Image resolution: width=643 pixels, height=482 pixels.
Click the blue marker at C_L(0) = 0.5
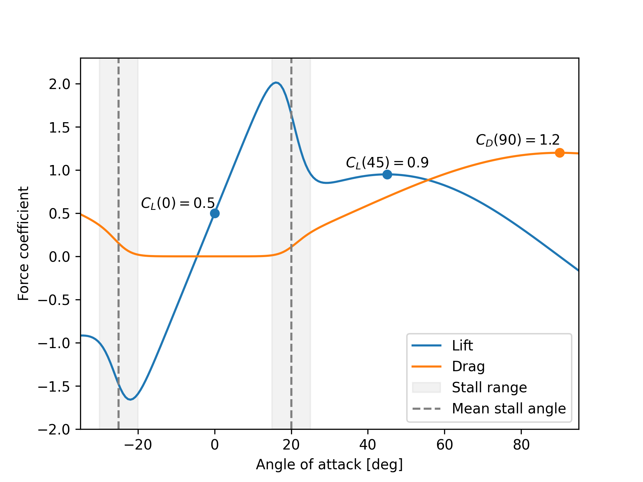215,213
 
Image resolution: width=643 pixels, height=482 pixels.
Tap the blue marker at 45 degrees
387,174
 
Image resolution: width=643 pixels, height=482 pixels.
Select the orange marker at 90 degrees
560,153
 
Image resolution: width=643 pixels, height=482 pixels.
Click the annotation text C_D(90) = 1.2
518,140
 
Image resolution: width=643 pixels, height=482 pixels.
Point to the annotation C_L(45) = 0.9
387,163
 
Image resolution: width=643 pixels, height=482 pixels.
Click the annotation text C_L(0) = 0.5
177,203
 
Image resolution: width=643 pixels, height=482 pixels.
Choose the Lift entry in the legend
462,346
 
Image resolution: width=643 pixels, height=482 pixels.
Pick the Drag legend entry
468,367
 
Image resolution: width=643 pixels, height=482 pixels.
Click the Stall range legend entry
489,388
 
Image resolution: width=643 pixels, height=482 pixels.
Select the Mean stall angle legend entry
508,409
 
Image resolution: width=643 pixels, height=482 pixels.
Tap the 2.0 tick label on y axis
60,84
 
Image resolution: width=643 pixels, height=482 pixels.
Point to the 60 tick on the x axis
445,445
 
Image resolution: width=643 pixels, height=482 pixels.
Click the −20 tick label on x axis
138,445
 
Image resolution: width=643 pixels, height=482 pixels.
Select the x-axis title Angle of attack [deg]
329,465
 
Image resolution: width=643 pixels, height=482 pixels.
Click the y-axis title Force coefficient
23,243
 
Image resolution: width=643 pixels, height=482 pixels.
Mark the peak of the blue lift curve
276,82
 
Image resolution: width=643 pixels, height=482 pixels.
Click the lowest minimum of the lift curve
130,399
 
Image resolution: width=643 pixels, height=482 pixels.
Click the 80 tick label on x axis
521,445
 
